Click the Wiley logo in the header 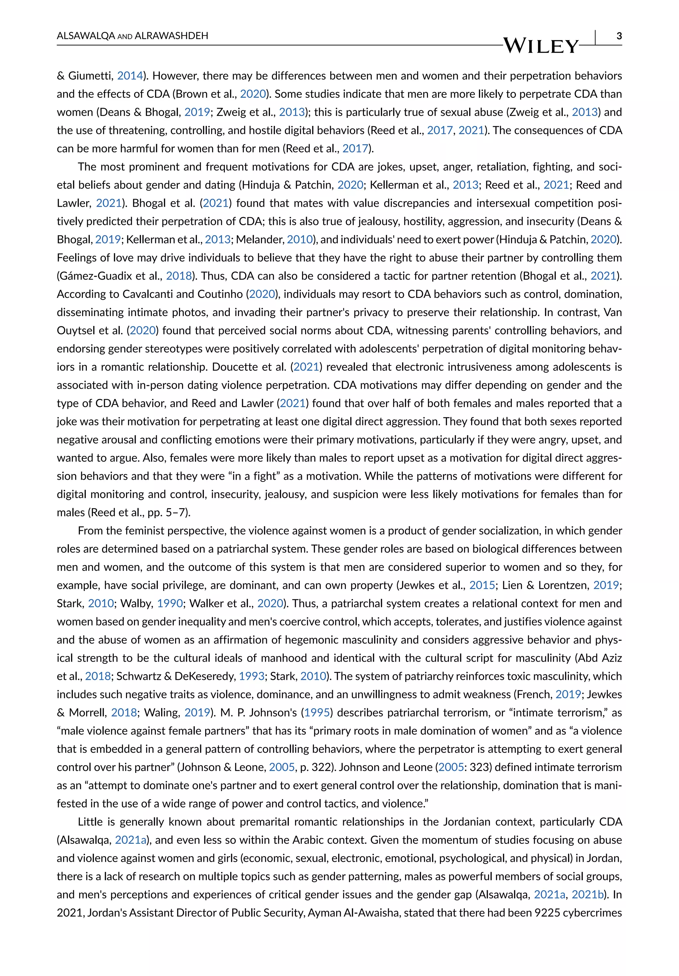(x=541, y=45)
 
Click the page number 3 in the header (x=619, y=36)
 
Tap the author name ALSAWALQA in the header (x=86, y=36)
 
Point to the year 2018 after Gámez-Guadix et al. (x=179, y=276)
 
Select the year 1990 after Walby (x=170, y=604)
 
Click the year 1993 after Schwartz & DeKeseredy (x=251, y=676)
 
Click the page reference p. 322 (x=313, y=767)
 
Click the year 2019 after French (x=568, y=695)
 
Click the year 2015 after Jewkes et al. (x=482, y=585)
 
